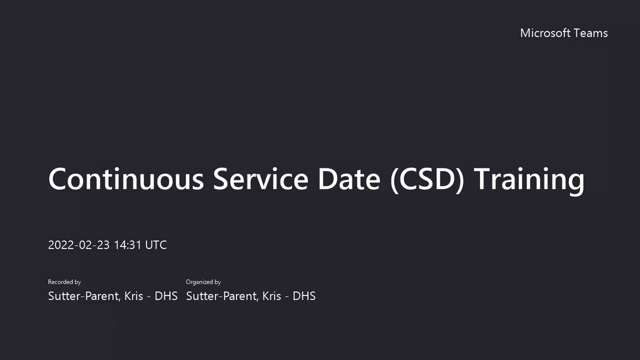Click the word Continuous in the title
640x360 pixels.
click(126, 179)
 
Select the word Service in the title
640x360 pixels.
click(260, 179)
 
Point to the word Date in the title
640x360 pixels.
click(349, 179)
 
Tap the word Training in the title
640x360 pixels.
click(529, 179)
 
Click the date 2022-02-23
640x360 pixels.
click(79, 245)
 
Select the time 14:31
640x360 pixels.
click(128, 245)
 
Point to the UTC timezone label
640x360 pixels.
click(156, 245)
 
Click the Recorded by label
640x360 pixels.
click(64, 282)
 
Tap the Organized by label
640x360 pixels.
click(203, 282)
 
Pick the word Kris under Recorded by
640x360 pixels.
click(133, 296)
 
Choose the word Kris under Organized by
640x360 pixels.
click(271, 296)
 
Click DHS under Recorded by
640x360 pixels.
click(166, 296)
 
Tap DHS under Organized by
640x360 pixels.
click(304, 296)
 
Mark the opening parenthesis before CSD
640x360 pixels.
click(394, 180)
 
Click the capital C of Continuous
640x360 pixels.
click(58, 179)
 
